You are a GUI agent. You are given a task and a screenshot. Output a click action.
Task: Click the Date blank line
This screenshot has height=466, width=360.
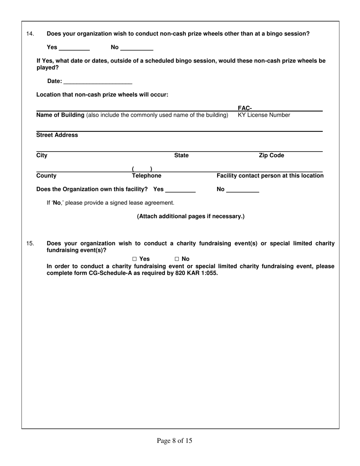click(98, 81)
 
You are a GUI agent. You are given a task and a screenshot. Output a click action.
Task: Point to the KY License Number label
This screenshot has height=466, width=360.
click(264, 115)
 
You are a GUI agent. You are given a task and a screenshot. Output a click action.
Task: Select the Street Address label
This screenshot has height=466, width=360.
click(57, 135)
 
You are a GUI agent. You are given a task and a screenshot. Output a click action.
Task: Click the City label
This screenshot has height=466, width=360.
click(42, 155)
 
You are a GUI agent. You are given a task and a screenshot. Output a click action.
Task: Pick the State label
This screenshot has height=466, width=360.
click(181, 155)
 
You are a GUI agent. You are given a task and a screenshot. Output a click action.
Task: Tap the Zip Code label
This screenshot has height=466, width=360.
click(271, 155)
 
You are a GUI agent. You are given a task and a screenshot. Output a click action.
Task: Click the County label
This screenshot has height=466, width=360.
click(46, 176)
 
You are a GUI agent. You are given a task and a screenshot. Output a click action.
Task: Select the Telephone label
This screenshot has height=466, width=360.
click(146, 176)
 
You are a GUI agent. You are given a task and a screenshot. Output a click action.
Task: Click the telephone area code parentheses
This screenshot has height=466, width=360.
click(142, 169)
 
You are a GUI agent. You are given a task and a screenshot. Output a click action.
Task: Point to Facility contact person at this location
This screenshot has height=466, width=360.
click(270, 176)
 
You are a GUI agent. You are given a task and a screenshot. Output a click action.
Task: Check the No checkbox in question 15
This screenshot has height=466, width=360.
click(177, 259)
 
